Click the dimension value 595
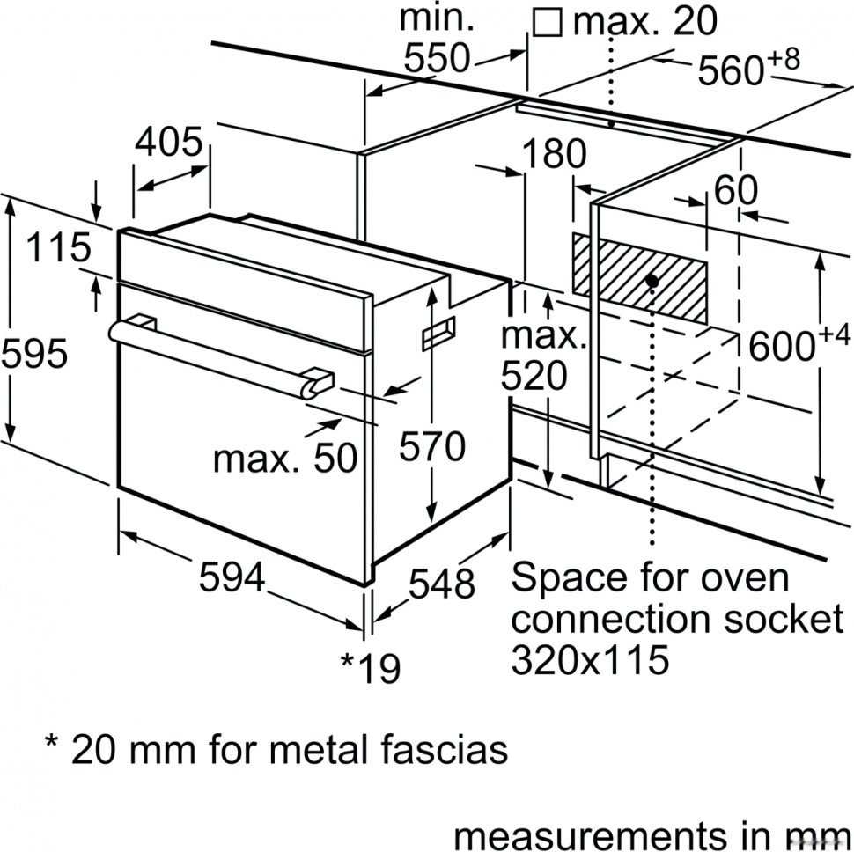coord(34,354)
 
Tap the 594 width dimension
coord(232,578)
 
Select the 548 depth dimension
coord(442,584)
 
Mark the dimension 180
coord(554,155)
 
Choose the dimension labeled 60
coord(735,191)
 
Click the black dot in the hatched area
coord(652,281)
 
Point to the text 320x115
coord(589,658)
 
